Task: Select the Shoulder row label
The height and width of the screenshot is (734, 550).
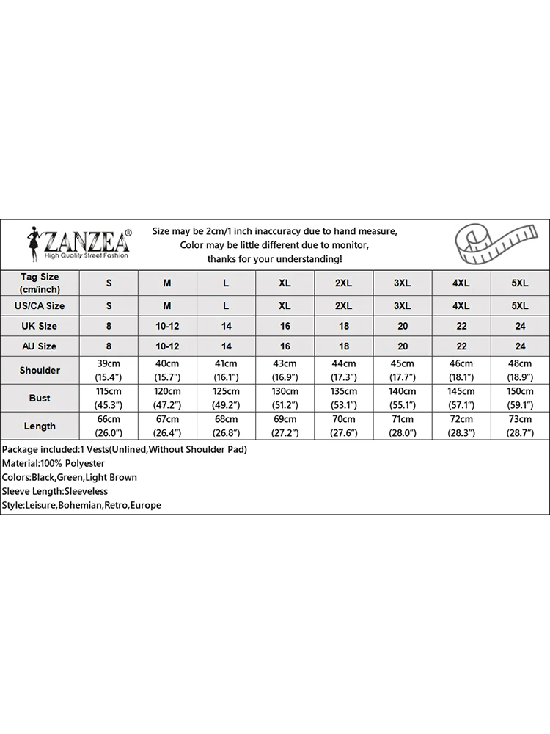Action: pyautogui.click(x=40, y=370)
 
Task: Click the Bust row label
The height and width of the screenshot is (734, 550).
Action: pyautogui.click(x=40, y=398)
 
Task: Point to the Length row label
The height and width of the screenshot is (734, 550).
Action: pyautogui.click(x=40, y=426)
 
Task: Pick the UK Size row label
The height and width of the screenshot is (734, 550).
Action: pyautogui.click(x=40, y=326)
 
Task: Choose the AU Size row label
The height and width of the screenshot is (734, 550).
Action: pyautogui.click(x=40, y=346)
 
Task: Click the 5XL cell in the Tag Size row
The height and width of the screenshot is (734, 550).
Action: pyautogui.click(x=519, y=283)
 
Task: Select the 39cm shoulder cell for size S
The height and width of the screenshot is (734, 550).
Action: pyautogui.click(x=109, y=370)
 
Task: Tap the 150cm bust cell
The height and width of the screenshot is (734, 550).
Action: pyautogui.click(x=519, y=398)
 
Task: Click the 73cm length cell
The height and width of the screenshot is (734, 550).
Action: pyautogui.click(x=519, y=426)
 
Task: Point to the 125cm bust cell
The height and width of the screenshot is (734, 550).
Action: pyautogui.click(x=226, y=398)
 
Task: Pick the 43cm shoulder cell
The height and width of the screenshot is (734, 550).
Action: pyautogui.click(x=285, y=370)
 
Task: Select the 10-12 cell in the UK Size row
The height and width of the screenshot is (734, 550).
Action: pyautogui.click(x=167, y=326)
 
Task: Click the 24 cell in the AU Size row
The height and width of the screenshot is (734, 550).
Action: pyautogui.click(x=519, y=346)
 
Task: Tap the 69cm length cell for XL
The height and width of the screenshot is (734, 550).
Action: pyautogui.click(x=285, y=426)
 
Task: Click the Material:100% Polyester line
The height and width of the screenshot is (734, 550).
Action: pyautogui.click(x=54, y=463)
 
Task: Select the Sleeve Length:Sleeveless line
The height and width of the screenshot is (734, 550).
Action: pyautogui.click(x=55, y=491)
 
